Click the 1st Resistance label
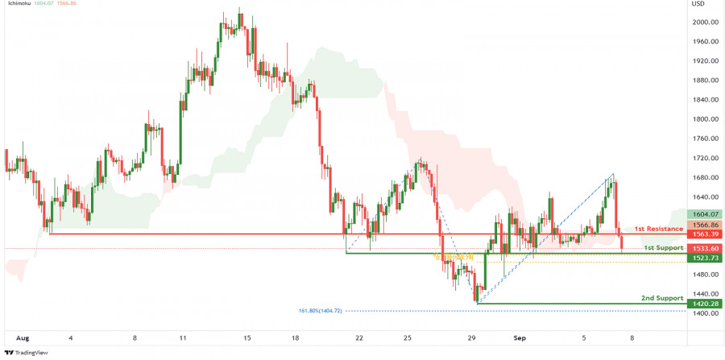(x=658, y=229)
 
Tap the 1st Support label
(x=663, y=247)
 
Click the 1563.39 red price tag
(x=703, y=234)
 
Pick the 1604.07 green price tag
(x=703, y=214)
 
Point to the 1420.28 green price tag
(x=703, y=304)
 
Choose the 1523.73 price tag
(x=703, y=258)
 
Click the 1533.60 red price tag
(x=703, y=248)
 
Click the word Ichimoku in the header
(x=19, y=5)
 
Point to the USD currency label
(x=698, y=4)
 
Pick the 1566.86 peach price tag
(x=703, y=225)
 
